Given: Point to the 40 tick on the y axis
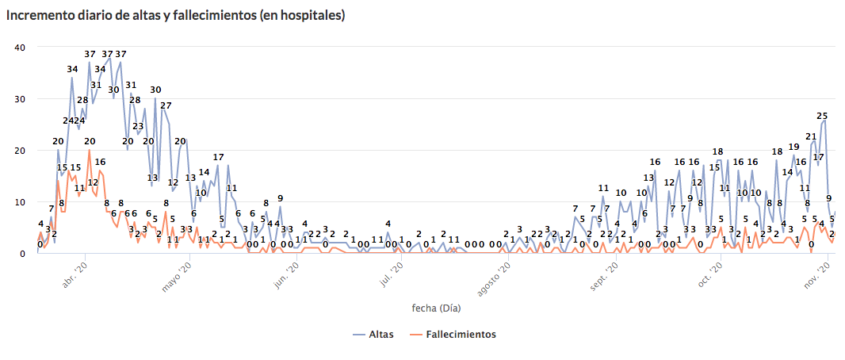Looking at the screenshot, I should point(21,47).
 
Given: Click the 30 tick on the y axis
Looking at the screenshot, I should point(21,99).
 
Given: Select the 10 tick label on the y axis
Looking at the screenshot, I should point(21,202).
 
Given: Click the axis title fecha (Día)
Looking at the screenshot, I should point(436,307).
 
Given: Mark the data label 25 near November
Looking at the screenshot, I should point(823,116).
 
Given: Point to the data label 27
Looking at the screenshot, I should point(166,105).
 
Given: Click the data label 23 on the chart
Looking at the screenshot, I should point(138,126).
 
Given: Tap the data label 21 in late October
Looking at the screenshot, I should point(811,136).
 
